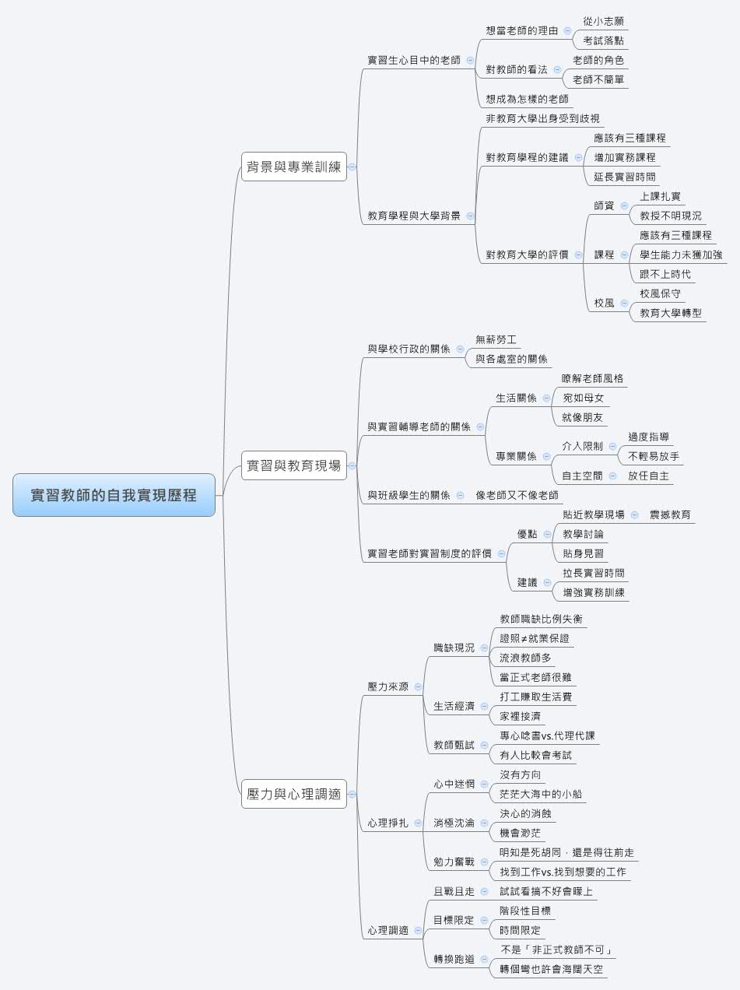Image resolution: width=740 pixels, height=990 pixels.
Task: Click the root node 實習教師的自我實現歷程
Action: (x=114, y=495)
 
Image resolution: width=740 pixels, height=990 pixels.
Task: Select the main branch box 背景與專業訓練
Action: (x=293, y=166)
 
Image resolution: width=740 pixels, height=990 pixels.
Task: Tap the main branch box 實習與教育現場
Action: (x=293, y=465)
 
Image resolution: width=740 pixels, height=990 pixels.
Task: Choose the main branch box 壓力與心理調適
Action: (x=293, y=795)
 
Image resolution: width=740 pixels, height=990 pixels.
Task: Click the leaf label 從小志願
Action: (x=603, y=22)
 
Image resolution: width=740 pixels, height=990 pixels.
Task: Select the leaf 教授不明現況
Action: (x=670, y=216)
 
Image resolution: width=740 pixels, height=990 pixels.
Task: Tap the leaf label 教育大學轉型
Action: (x=671, y=313)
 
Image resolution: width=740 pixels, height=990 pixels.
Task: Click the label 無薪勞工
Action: (x=496, y=339)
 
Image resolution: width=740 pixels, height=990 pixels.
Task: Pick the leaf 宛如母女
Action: (x=583, y=398)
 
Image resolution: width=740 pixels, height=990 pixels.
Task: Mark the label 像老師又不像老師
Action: (x=517, y=495)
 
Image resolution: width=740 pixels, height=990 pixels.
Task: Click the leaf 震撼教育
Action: (x=670, y=514)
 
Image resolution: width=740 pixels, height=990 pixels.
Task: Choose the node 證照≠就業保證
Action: (x=539, y=638)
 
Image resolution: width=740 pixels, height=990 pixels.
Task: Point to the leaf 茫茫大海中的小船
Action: (x=541, y=794)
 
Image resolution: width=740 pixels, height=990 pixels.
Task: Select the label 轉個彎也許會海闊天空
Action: (x=551, y=969)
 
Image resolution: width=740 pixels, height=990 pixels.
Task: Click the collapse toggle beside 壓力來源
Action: (x=418, y=686)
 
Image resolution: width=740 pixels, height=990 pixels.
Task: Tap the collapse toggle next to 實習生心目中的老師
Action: (x=470, y=60)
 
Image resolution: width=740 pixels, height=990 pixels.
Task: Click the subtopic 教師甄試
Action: (x=454, y=745)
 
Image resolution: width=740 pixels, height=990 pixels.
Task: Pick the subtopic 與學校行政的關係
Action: (x=409, y=349)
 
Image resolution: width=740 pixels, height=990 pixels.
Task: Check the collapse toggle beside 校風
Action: (x=624, y=303)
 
